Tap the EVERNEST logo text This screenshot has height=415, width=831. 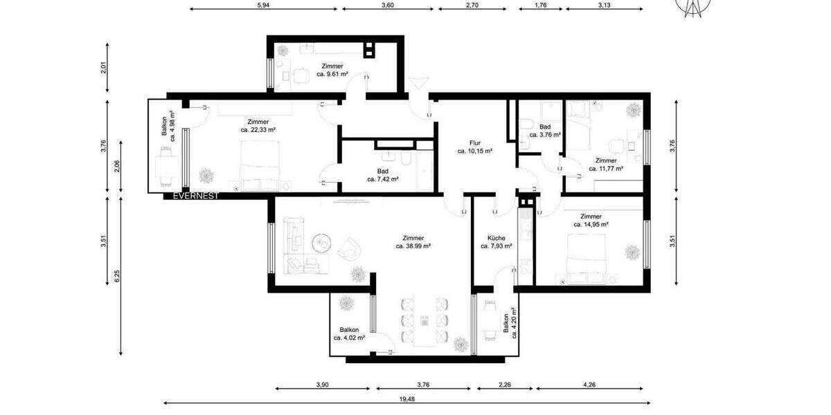pos(196,196)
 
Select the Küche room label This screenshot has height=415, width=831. pos(496,241)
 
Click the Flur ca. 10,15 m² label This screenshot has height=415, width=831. pos(474,147)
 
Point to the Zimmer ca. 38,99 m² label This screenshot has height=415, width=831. pos(413,241)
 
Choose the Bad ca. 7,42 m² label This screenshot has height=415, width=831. pos(383,175)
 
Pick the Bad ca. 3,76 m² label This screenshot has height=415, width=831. pos(545,131)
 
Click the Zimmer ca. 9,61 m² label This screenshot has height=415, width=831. pos(332,70)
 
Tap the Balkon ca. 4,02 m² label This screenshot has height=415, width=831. pos(349,334)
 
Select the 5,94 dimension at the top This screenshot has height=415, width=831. pos(262,5)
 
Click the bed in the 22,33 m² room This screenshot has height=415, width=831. pos(262,165)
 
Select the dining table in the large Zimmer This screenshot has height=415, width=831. pos(424,320)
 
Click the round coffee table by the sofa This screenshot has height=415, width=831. pos(320,243)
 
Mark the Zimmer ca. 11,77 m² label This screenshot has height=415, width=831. pos(606,164)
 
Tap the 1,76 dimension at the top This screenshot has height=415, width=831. pos(541,5)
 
